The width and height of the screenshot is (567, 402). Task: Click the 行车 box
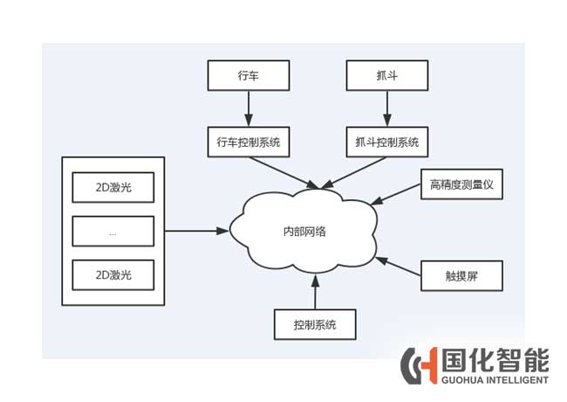click(248, 75)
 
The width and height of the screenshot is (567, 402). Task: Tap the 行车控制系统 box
click(248, 139)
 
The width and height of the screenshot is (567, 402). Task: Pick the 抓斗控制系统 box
click(386, 139)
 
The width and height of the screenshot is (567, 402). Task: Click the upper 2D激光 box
click(113, 187)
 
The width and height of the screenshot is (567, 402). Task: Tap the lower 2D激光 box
click(113, 274)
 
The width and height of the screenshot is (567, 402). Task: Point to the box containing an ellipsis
click(113, 232)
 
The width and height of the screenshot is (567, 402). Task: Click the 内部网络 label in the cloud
click(309, 232)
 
